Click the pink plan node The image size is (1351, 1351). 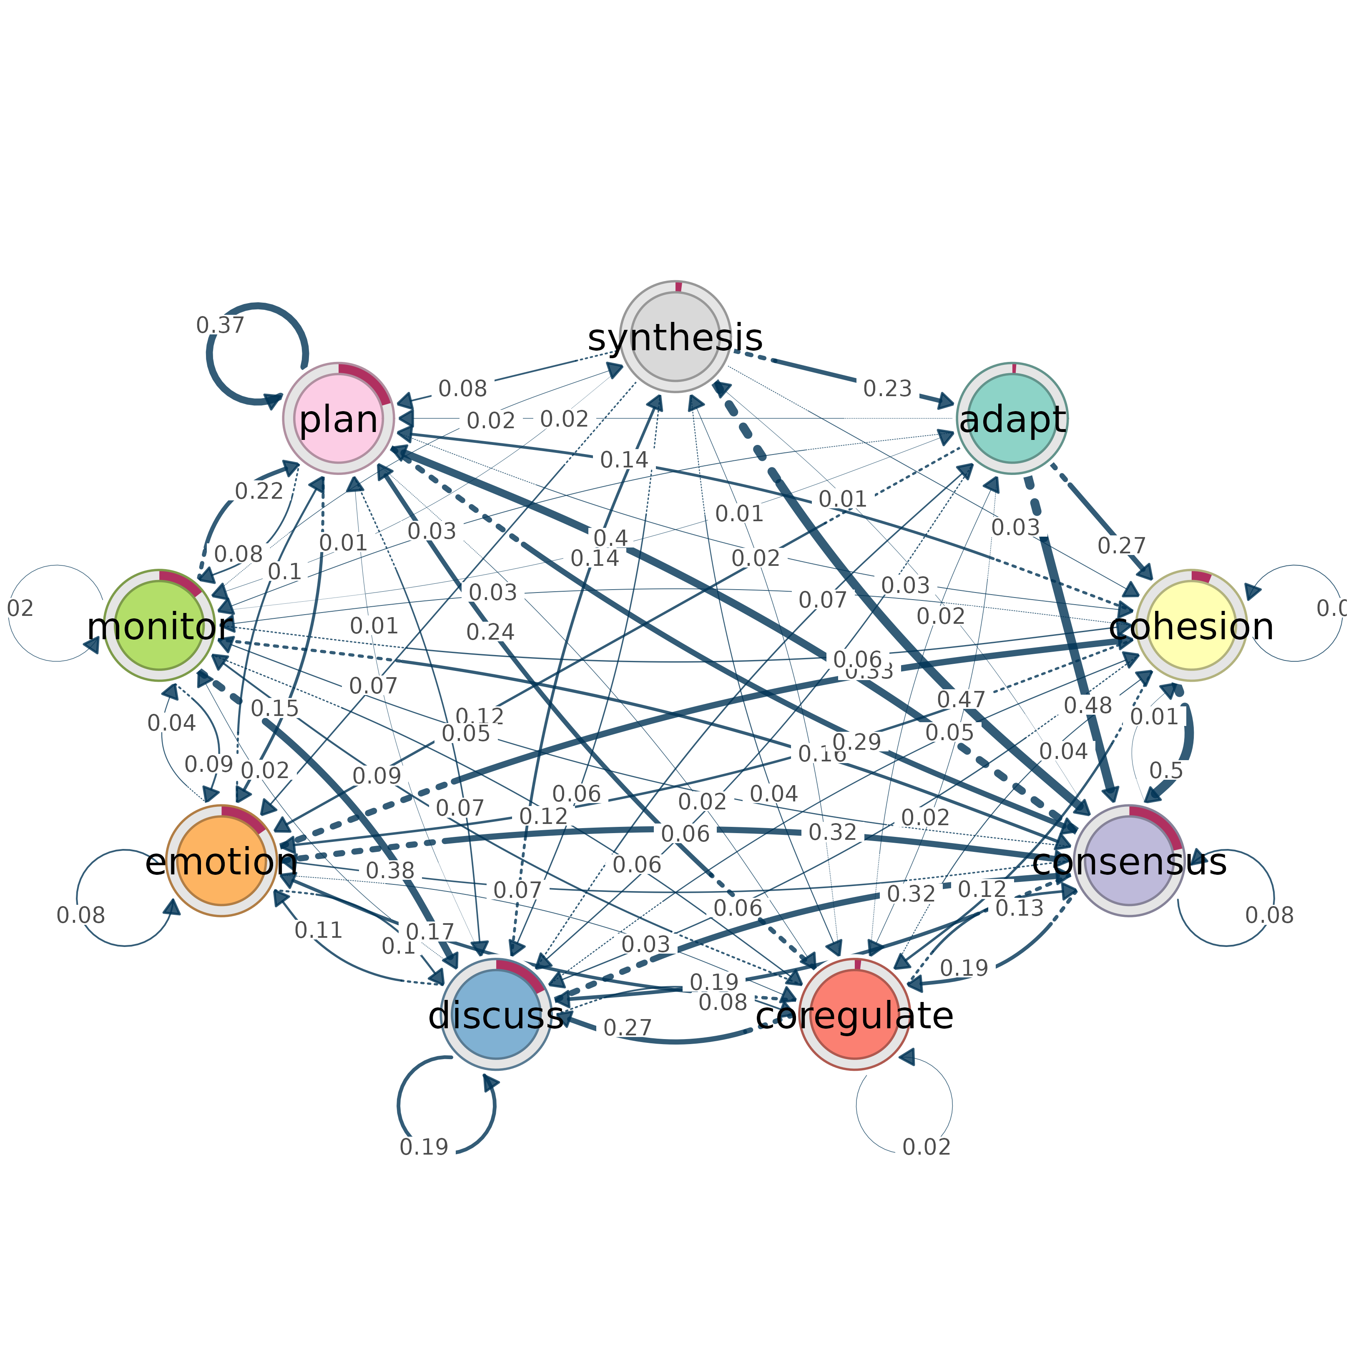coord(339,419)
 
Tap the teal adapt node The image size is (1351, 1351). coord(1012,419)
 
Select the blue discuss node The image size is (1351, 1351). coord(496,1014)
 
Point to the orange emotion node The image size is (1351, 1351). coord(222,861)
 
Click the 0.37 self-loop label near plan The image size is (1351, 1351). coord(220,325)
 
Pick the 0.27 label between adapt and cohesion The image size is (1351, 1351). coord(1122,545)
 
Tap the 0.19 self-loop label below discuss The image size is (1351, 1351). coord(424,1147)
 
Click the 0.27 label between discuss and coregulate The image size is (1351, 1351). coord(627,1028)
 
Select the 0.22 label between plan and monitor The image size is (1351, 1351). coord(259,492)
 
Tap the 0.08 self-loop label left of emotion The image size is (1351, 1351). coord(80,915)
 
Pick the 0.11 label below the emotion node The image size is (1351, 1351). coord(318,930)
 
